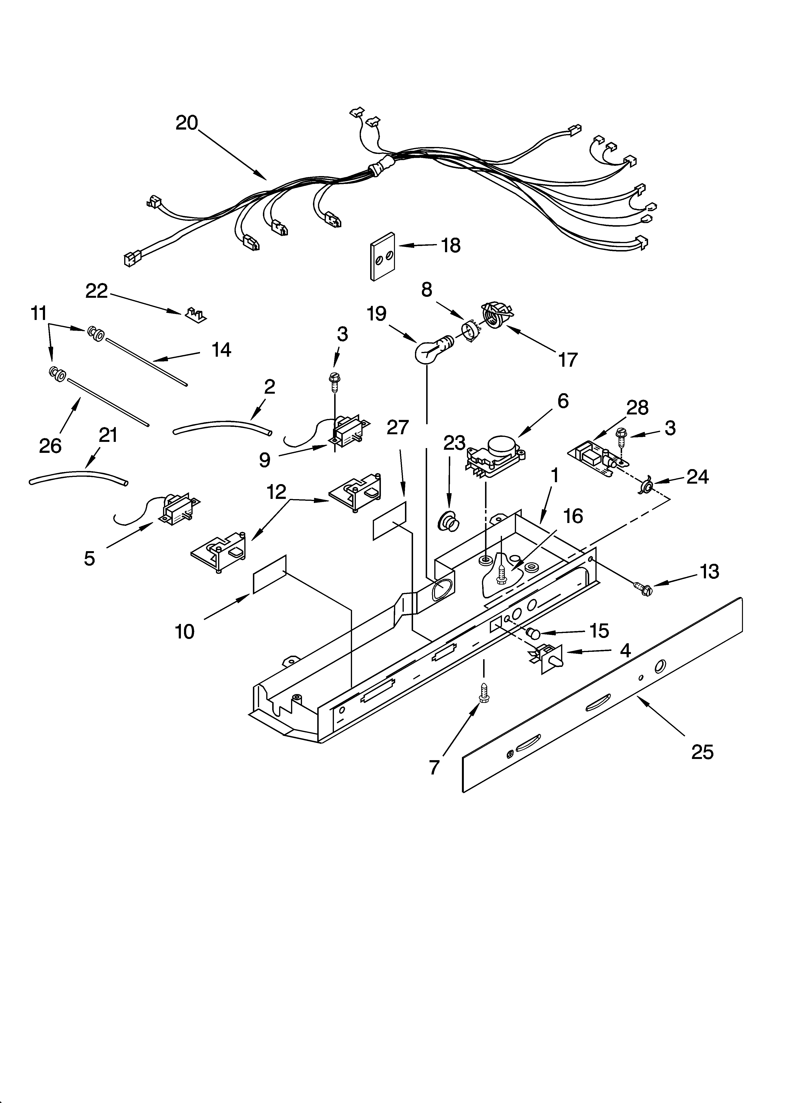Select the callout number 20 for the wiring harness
pyautogui.click(x=187, y=123)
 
